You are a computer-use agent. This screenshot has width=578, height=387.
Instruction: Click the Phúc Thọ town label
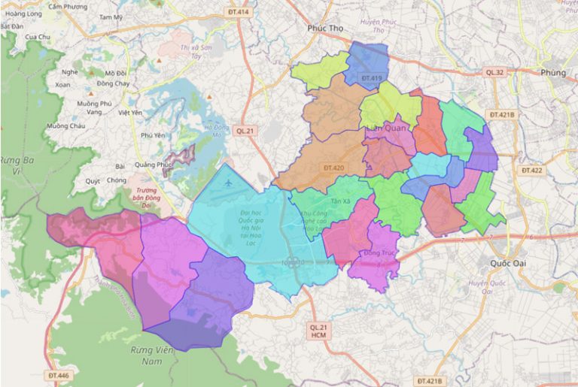pos(325,29)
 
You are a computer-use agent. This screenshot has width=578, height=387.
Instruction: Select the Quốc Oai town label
pos(506,264)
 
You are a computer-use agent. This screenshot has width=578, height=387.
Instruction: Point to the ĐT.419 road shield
pos(372,77)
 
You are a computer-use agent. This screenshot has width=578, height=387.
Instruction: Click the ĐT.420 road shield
pos(333,168)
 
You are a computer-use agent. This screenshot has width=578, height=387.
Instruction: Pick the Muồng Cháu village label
pos(66,126)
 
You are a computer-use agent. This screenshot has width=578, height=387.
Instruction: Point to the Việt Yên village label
pos(130,112)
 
